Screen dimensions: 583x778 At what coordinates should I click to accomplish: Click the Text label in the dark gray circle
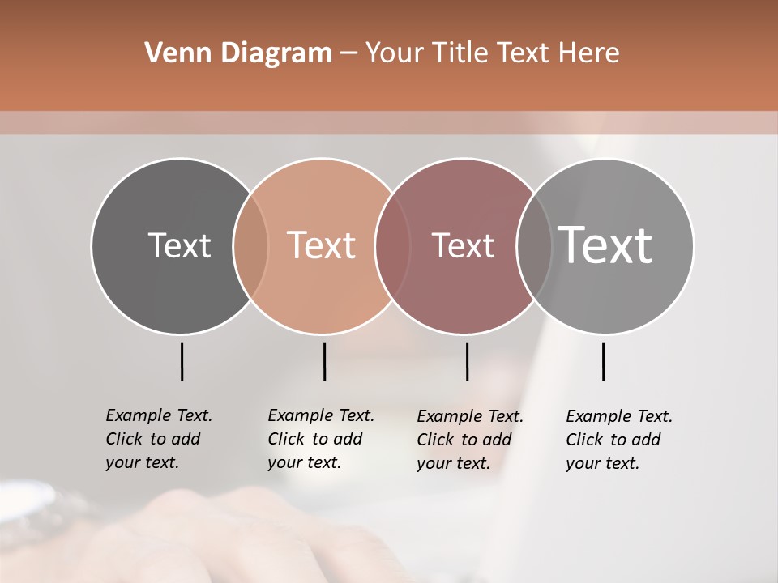point(179,245)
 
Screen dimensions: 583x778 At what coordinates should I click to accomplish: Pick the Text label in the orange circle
point(322,245)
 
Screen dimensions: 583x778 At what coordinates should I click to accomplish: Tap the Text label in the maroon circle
point(463,245)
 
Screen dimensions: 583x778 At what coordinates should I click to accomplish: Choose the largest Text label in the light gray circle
point(605,245)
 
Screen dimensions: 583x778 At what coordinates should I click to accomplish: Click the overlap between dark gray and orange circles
point(250,245)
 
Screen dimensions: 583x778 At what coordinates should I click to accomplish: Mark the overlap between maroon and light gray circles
point(534,245)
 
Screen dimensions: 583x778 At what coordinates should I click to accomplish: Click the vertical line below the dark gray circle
point(182,361)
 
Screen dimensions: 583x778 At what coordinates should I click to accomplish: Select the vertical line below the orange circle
point(324,361)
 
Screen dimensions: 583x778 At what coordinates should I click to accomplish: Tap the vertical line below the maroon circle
point(467,361)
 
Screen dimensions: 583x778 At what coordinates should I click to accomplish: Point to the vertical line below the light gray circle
point(603,361)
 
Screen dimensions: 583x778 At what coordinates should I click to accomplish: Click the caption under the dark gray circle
point(158,439)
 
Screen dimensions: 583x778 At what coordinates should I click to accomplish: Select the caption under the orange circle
point(320,439)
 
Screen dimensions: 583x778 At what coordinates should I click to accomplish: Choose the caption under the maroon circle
point(469,440)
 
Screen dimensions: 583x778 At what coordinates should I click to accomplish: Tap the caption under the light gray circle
point(618,440)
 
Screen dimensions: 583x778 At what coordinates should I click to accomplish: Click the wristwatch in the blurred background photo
point(36,506)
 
